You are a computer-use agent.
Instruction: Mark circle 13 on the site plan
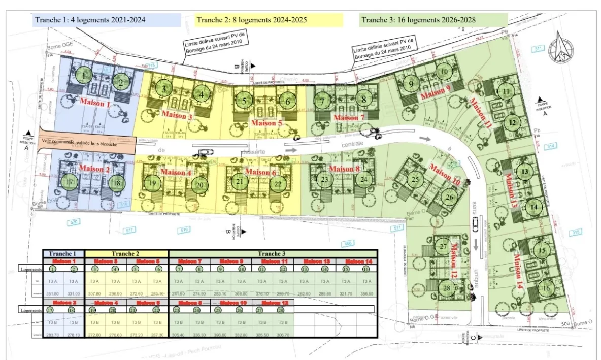pos(525,172)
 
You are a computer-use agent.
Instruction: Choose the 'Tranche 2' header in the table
pos(126,253)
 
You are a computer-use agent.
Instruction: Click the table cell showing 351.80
pos(53,293)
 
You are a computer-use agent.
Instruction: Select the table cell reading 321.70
pos(345,293)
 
